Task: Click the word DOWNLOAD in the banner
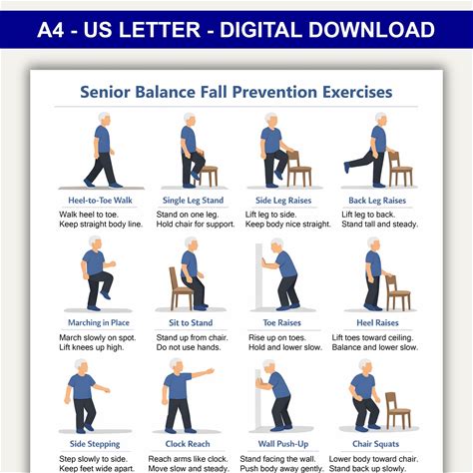point(372,30)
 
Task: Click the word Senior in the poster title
point(105,92)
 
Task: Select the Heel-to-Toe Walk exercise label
point(100,201)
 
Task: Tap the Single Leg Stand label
point(193,201)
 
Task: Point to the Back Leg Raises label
point(377,201)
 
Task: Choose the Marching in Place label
point(99,322)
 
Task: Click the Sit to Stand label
point(191,322)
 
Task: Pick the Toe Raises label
point(281,322)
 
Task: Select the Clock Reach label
point(188,444)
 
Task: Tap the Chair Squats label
point(376,444)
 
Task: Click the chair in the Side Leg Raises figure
point(298,169)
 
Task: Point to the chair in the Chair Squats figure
point(398,410)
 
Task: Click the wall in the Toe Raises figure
point(258,276)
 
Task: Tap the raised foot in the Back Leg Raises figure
point(347,168)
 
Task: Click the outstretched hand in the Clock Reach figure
point(210,371)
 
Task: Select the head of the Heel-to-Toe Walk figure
point(105,119)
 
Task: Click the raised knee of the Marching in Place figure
point(109,276)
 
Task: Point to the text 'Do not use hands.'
point(189,347)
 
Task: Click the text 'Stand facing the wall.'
point(277,459)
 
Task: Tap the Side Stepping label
point(95,444)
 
